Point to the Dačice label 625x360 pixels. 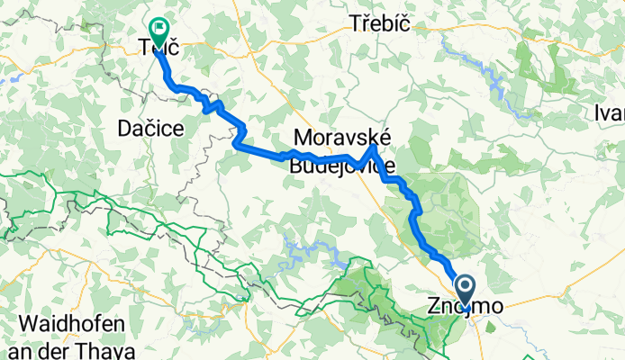[151, 130]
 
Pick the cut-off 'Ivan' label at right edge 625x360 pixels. [609, 112]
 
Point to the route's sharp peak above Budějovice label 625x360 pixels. [373, 148]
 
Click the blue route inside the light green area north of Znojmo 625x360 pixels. [416, 216]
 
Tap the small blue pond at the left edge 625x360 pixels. [5, 77]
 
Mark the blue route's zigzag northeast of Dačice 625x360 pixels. [212, 105]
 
